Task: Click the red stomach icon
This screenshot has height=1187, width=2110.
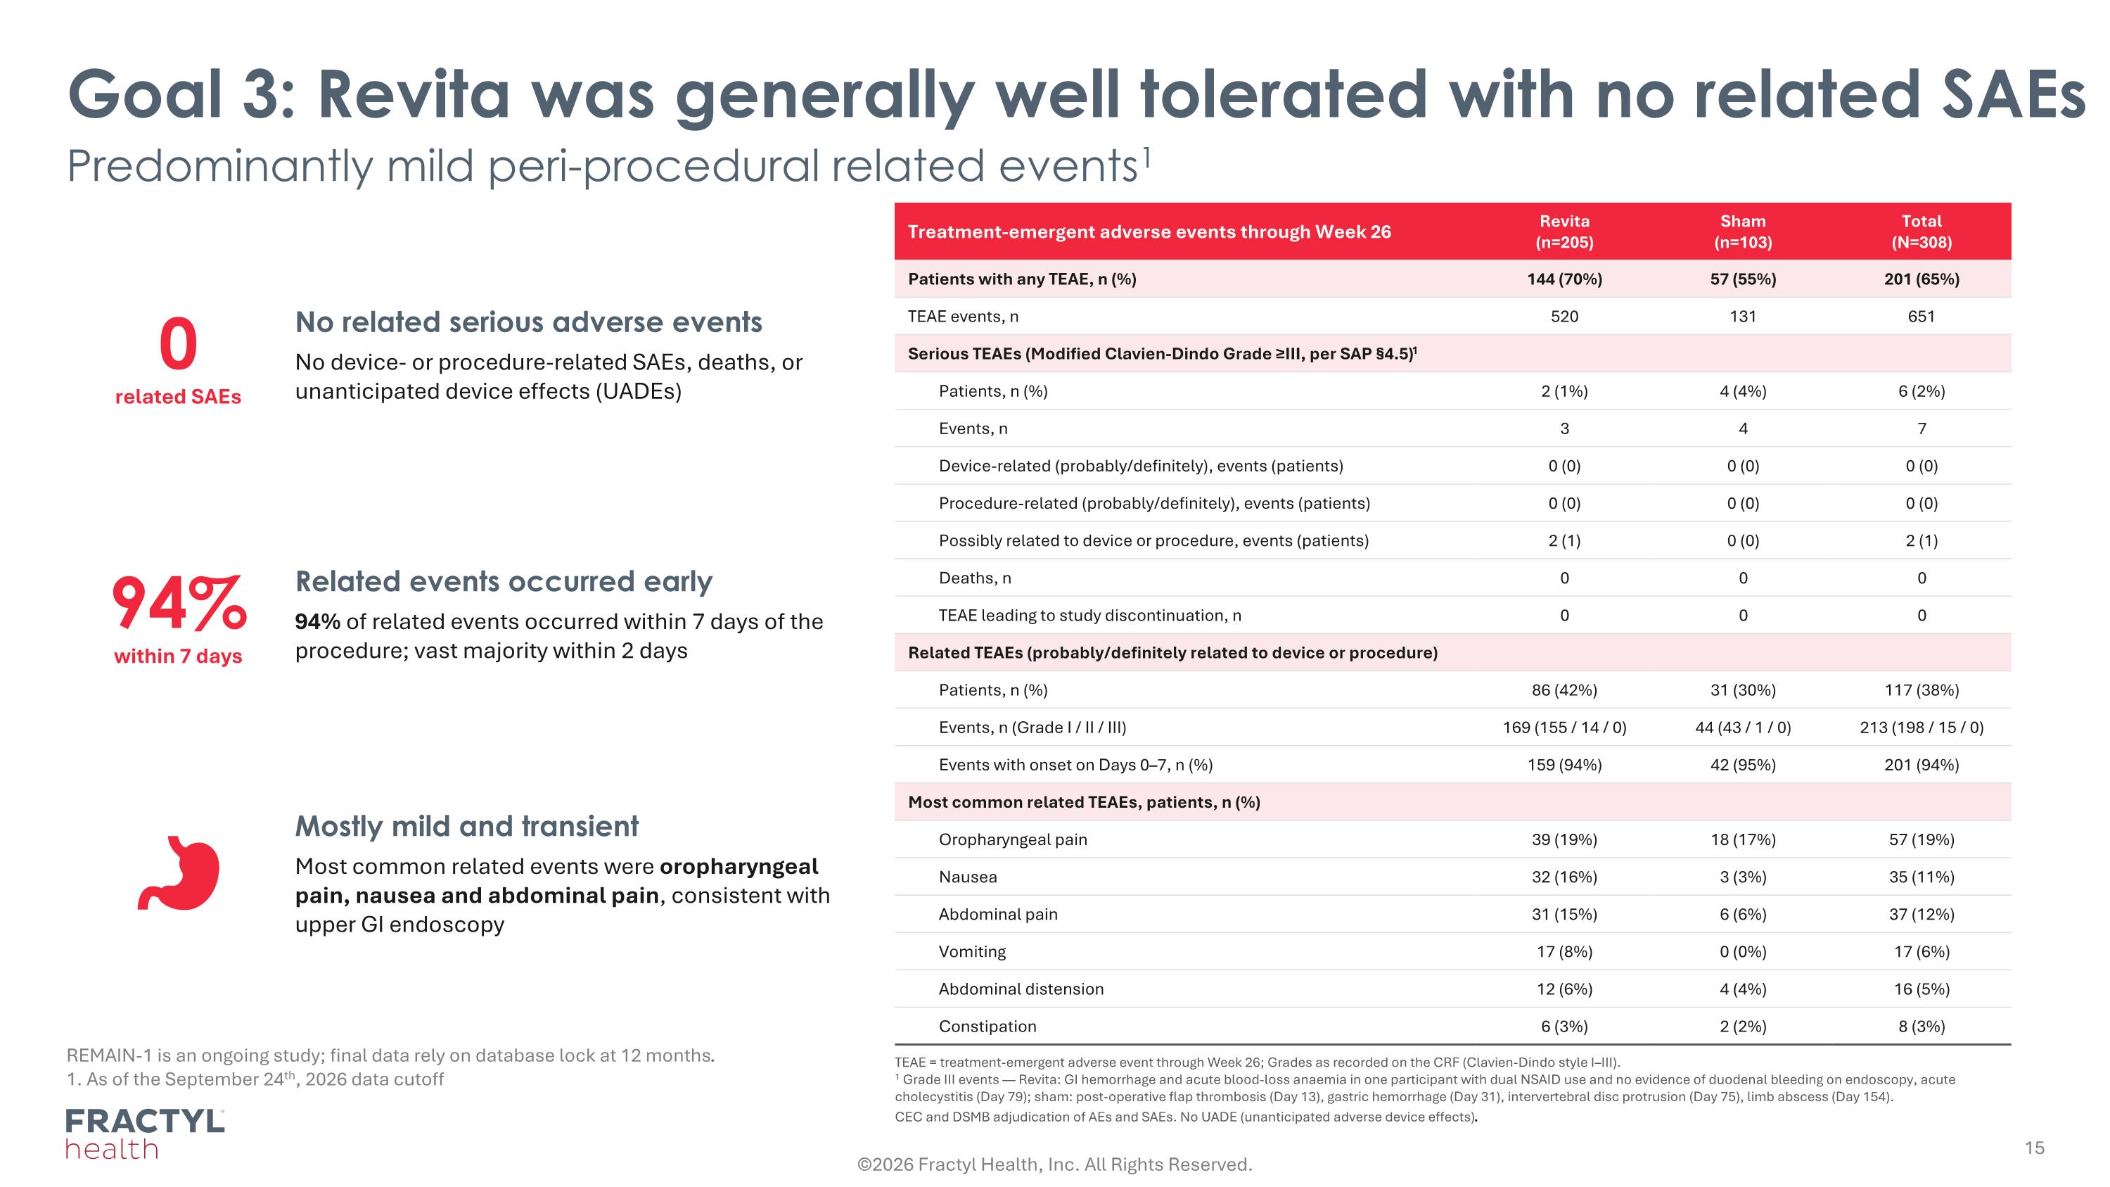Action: tap(179, 872)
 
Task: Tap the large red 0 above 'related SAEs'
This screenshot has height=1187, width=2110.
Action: tap(178, 345)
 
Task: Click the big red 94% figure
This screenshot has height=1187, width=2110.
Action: tap(179, 603)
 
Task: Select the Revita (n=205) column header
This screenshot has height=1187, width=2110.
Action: tap(1564, 231)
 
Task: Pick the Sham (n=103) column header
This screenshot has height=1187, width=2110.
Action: tap(1742, 231)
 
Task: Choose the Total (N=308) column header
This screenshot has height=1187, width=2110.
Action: tap(1921, 231)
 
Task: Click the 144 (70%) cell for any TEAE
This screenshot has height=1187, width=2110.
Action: tap(1564, 279)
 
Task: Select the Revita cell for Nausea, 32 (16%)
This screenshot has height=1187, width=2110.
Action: tap(1564, 877)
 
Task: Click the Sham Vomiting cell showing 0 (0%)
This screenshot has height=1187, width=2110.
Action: tap(1742, 952)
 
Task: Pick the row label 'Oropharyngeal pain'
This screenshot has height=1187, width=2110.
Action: tap(1012, 839)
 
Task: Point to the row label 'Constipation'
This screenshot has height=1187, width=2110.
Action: tap(987, 1027)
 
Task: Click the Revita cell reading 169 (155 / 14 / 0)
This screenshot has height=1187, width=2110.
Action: tap(1564, 728)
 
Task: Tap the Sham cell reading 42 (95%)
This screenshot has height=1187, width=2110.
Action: tap(1742, 765)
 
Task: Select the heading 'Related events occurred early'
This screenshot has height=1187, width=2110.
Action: tap(504, 582)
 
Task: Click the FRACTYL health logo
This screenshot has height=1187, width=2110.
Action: tap(145, 1134)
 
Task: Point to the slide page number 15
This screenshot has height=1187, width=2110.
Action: tap(2034, 1148)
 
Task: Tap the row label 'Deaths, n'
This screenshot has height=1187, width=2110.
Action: tap(975, 578)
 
